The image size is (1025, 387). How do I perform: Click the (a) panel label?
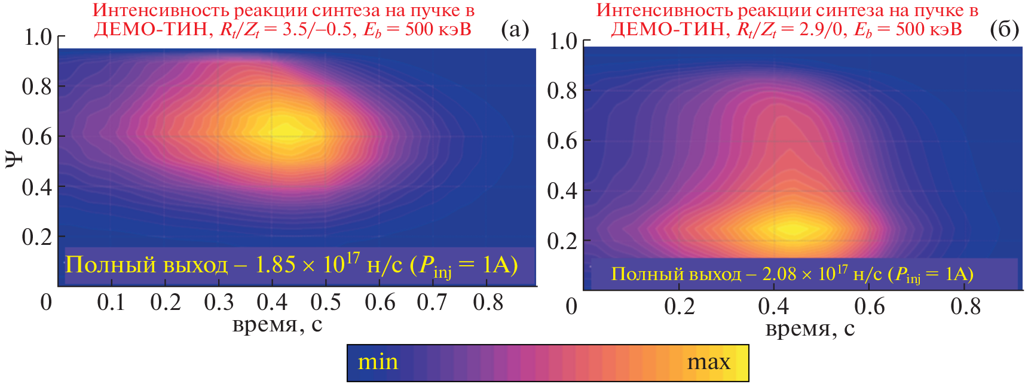coord(515,29)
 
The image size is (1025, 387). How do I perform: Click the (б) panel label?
coord(1004,29)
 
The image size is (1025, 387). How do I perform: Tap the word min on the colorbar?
coord(378,362)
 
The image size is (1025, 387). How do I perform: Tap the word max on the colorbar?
coord(708,362)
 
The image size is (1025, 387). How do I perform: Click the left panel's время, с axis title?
coord(277,324)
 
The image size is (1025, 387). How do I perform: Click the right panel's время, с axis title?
coord(810,328)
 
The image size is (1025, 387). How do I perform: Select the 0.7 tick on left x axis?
coord(432,303)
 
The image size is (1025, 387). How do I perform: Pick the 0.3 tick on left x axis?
coord(219,303)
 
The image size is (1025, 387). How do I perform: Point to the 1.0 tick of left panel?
coord(38,37)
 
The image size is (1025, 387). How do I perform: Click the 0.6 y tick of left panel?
coord(37,136)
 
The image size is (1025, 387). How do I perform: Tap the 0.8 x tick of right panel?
coord(965,306)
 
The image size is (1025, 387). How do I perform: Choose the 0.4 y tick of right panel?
coord(562,191)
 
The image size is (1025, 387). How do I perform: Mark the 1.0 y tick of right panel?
coord(563,41)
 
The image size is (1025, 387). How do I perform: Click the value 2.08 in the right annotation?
coord(779,274)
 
